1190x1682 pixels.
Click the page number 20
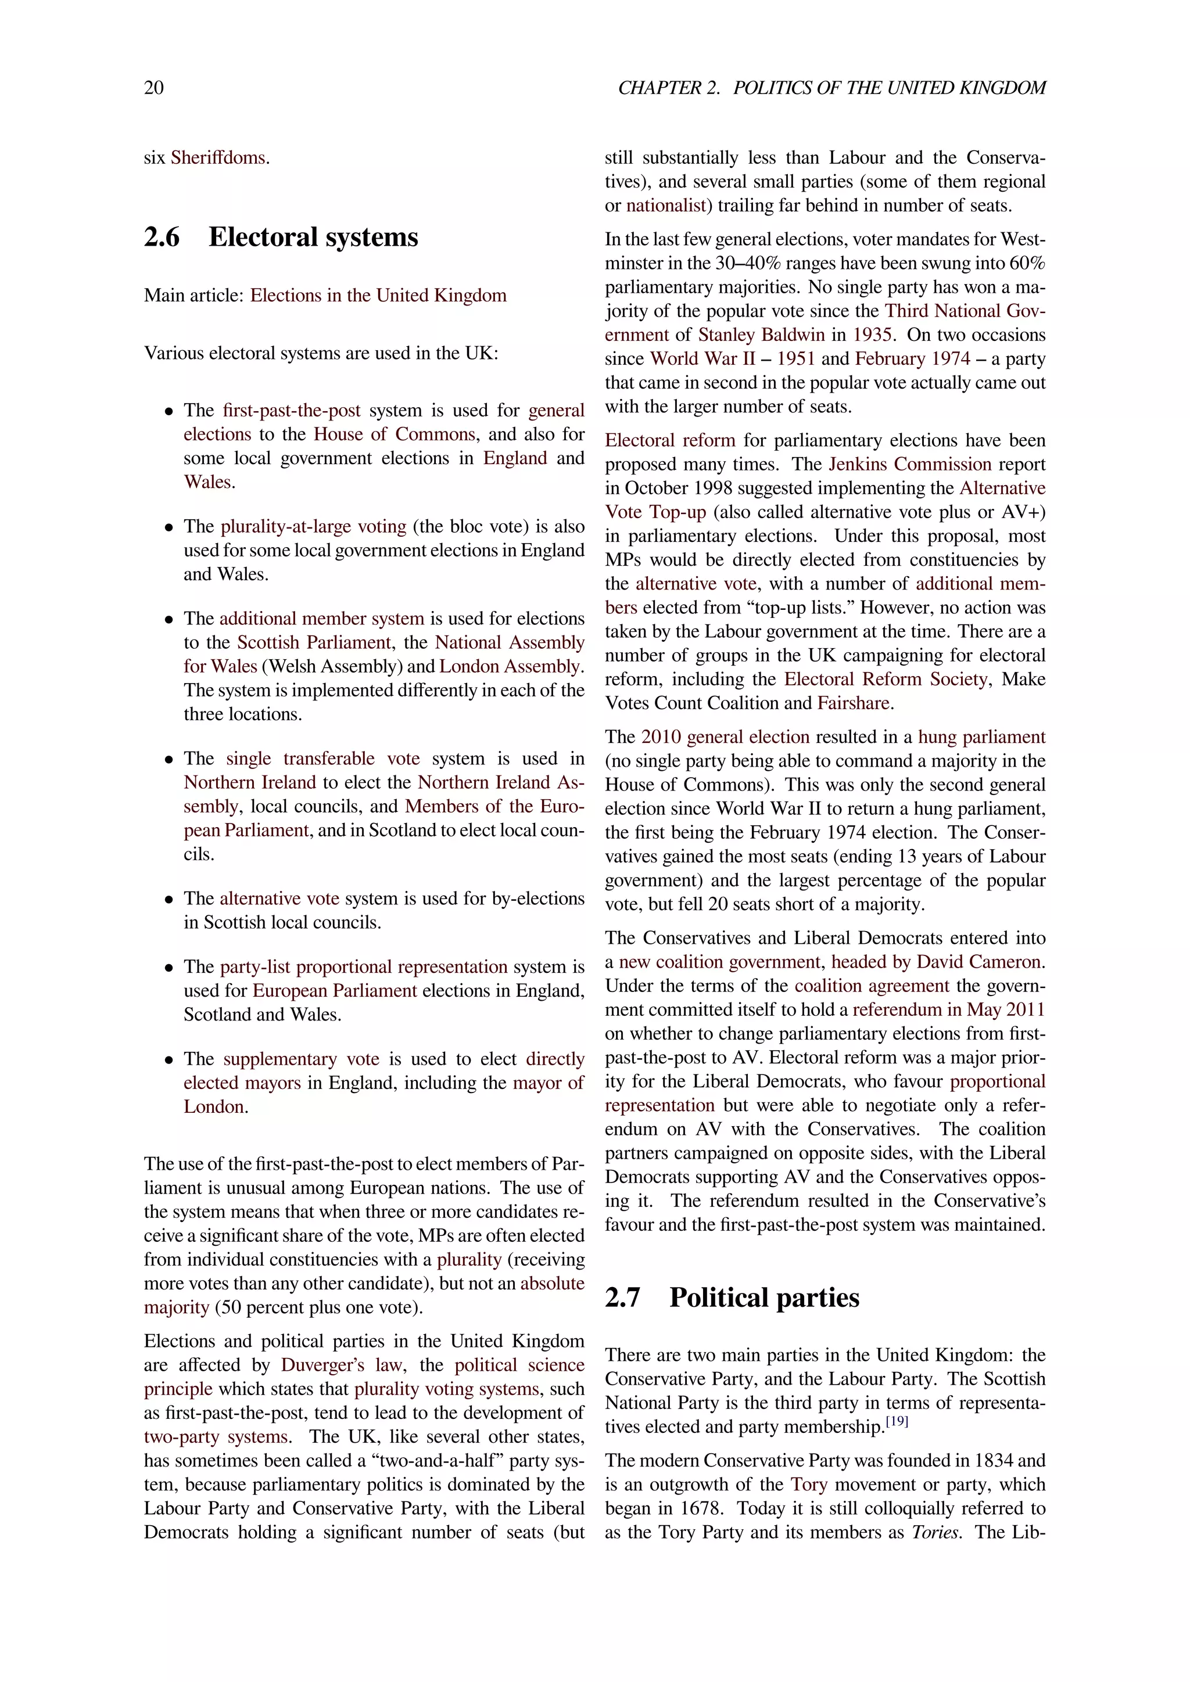(154, 88)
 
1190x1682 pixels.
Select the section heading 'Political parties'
(764, 1298)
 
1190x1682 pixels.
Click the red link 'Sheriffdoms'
(218, 157)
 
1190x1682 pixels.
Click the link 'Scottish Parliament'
(314, 642)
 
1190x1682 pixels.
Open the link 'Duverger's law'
(342, 1365)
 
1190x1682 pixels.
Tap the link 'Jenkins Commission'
(909, 465)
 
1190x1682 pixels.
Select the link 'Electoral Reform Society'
(885, 679)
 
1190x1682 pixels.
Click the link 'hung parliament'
(981, 737)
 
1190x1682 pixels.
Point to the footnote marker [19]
(897, 1422)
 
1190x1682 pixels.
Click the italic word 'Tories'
(935, 1533)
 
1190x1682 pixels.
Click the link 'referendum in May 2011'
(948, 1009)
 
